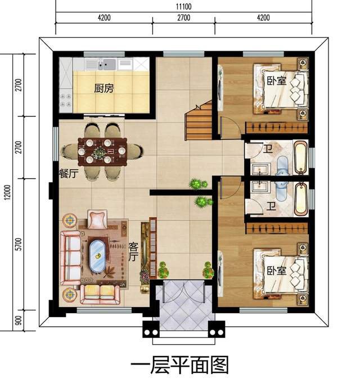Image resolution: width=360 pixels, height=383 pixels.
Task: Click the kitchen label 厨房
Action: click(x=104, y=88)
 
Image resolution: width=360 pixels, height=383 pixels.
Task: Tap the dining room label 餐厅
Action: click(x=69, y=173)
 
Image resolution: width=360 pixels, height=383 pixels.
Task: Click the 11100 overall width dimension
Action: click(x=184, y=6)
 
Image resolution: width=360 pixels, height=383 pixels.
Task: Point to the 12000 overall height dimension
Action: click(x=8, y=192)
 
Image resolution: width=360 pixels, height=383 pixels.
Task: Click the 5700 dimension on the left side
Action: click(x=19, y=244)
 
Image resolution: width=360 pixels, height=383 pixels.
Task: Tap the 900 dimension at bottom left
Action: click(x=19, y=321)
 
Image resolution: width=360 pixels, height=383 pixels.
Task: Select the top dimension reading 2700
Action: click(x=184, y=18)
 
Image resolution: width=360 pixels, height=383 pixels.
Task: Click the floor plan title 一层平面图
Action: click(x=180, y=365)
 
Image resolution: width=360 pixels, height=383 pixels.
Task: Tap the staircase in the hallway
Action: click(x=199, y=122)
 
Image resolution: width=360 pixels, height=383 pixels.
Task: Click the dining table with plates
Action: click(x=102, y=151)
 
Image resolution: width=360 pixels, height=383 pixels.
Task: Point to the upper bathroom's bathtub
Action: click(x=300, y=157)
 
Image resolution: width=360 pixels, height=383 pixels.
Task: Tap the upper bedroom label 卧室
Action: click(x=277, y=81)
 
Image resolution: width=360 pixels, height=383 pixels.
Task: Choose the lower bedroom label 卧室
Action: click(x=277, y=271)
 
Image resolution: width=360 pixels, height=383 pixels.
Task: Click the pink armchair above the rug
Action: click(x=97, y=219)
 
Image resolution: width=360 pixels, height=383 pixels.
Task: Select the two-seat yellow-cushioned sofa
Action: click(x=100, y=295)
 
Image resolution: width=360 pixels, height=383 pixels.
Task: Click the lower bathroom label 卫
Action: click(x=271, y=206)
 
